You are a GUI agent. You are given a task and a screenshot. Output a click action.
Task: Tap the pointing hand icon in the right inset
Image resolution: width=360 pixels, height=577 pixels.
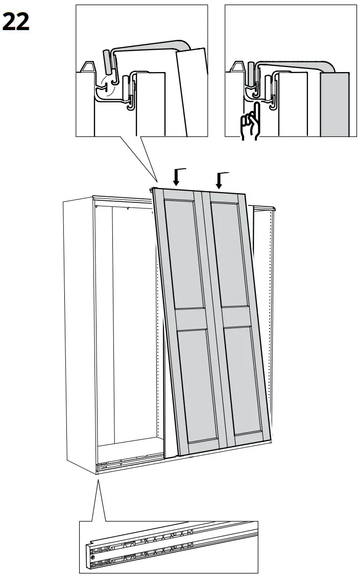251,125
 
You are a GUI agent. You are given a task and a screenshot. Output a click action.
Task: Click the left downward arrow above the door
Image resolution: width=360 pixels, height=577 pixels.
176,177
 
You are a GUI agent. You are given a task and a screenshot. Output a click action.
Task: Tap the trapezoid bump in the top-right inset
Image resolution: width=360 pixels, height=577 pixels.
237,67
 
